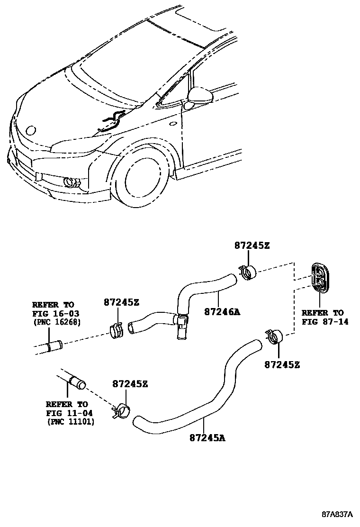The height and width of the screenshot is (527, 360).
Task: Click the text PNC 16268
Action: (57, 323)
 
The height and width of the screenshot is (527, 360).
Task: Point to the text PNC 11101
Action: (71, 422)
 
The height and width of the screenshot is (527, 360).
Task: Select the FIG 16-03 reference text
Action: (56, 313)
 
